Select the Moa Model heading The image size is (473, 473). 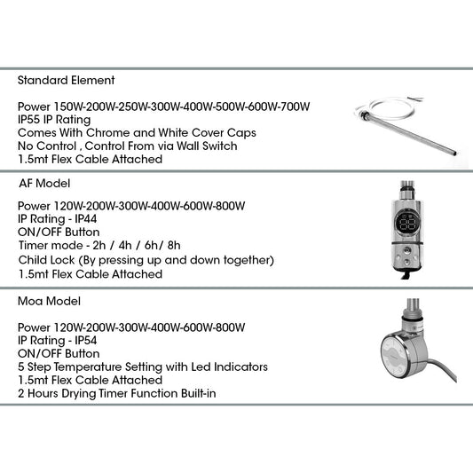49,302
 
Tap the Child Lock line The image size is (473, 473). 146,260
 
